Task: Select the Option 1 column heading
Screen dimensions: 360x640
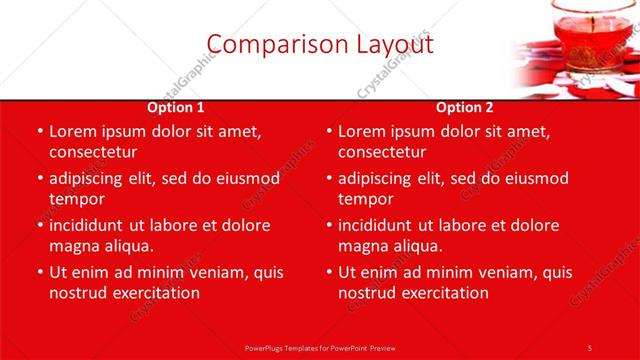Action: [x=176, y=107]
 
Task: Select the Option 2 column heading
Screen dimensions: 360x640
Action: [x=465, y=107]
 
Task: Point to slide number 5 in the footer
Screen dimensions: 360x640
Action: [x=589, y=347]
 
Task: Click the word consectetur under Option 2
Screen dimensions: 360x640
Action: [x=381, y=152]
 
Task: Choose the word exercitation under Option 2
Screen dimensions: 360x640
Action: [x=439, y=293]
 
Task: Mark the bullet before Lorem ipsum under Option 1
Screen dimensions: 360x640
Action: [x=39, y=131]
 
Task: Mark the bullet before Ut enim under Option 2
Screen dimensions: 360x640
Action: [x=328, y=272]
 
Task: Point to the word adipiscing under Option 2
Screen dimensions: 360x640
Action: [x=380, y=178]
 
